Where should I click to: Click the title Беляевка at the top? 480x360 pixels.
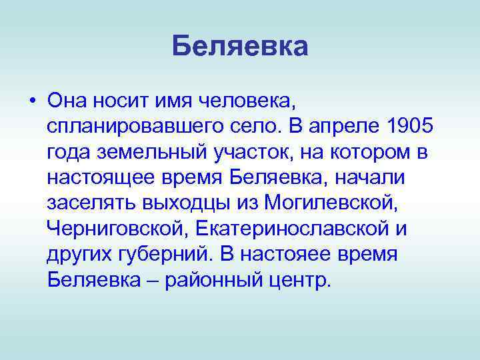tap(239, 47)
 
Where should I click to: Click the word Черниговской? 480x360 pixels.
tap(117, 228)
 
